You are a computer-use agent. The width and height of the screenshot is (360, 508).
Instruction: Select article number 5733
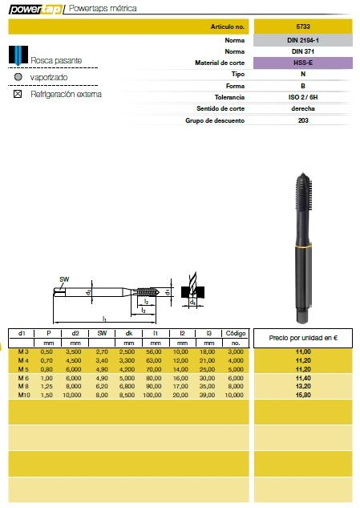click(303, 26)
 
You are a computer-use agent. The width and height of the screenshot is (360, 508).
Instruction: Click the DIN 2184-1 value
click(303, 39)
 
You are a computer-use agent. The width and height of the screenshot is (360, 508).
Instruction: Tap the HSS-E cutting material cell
click(303, 62)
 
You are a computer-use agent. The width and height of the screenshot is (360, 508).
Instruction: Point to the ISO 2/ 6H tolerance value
click(303, 96)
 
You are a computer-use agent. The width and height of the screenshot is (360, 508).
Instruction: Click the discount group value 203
click(303, 120)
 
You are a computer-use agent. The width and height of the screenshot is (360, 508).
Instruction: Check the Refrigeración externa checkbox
click(18, 94)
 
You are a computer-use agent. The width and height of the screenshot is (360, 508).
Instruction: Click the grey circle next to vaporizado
click(18, 77)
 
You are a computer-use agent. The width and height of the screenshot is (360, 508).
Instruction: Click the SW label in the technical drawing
click(64, 279)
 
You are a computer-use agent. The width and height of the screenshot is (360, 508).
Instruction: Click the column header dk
click(128, 332)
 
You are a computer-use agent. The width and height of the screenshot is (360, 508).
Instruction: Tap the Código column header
click(235, 332)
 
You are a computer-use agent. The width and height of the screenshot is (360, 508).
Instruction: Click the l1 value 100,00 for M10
click(155, 394)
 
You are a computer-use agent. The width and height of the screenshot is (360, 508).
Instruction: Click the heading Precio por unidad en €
click(302, 338)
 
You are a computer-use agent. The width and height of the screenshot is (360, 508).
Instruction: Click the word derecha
click(303, 108)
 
